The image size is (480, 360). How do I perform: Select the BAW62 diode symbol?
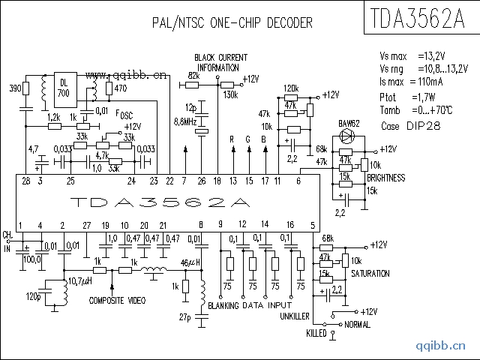347,136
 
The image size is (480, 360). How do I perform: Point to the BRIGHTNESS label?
386,178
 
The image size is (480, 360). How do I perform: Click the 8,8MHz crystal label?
185,121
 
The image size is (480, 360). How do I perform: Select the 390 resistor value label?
14,88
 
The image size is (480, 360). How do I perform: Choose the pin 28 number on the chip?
26,181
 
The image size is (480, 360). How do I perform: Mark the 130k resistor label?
231,94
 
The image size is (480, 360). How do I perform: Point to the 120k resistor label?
291,88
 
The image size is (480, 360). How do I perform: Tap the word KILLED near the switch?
316,332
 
